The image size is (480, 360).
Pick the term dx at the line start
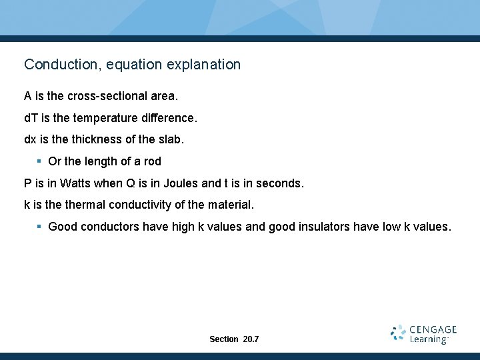pos(31,140)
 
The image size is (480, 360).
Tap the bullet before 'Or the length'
pos(39,161)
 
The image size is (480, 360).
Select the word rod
pos(152,161)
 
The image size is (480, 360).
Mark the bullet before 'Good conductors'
pos(39,227)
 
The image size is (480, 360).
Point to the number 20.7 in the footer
pos(251,339)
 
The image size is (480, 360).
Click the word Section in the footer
pos(223,339)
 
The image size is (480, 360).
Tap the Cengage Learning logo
pos(424,334)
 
